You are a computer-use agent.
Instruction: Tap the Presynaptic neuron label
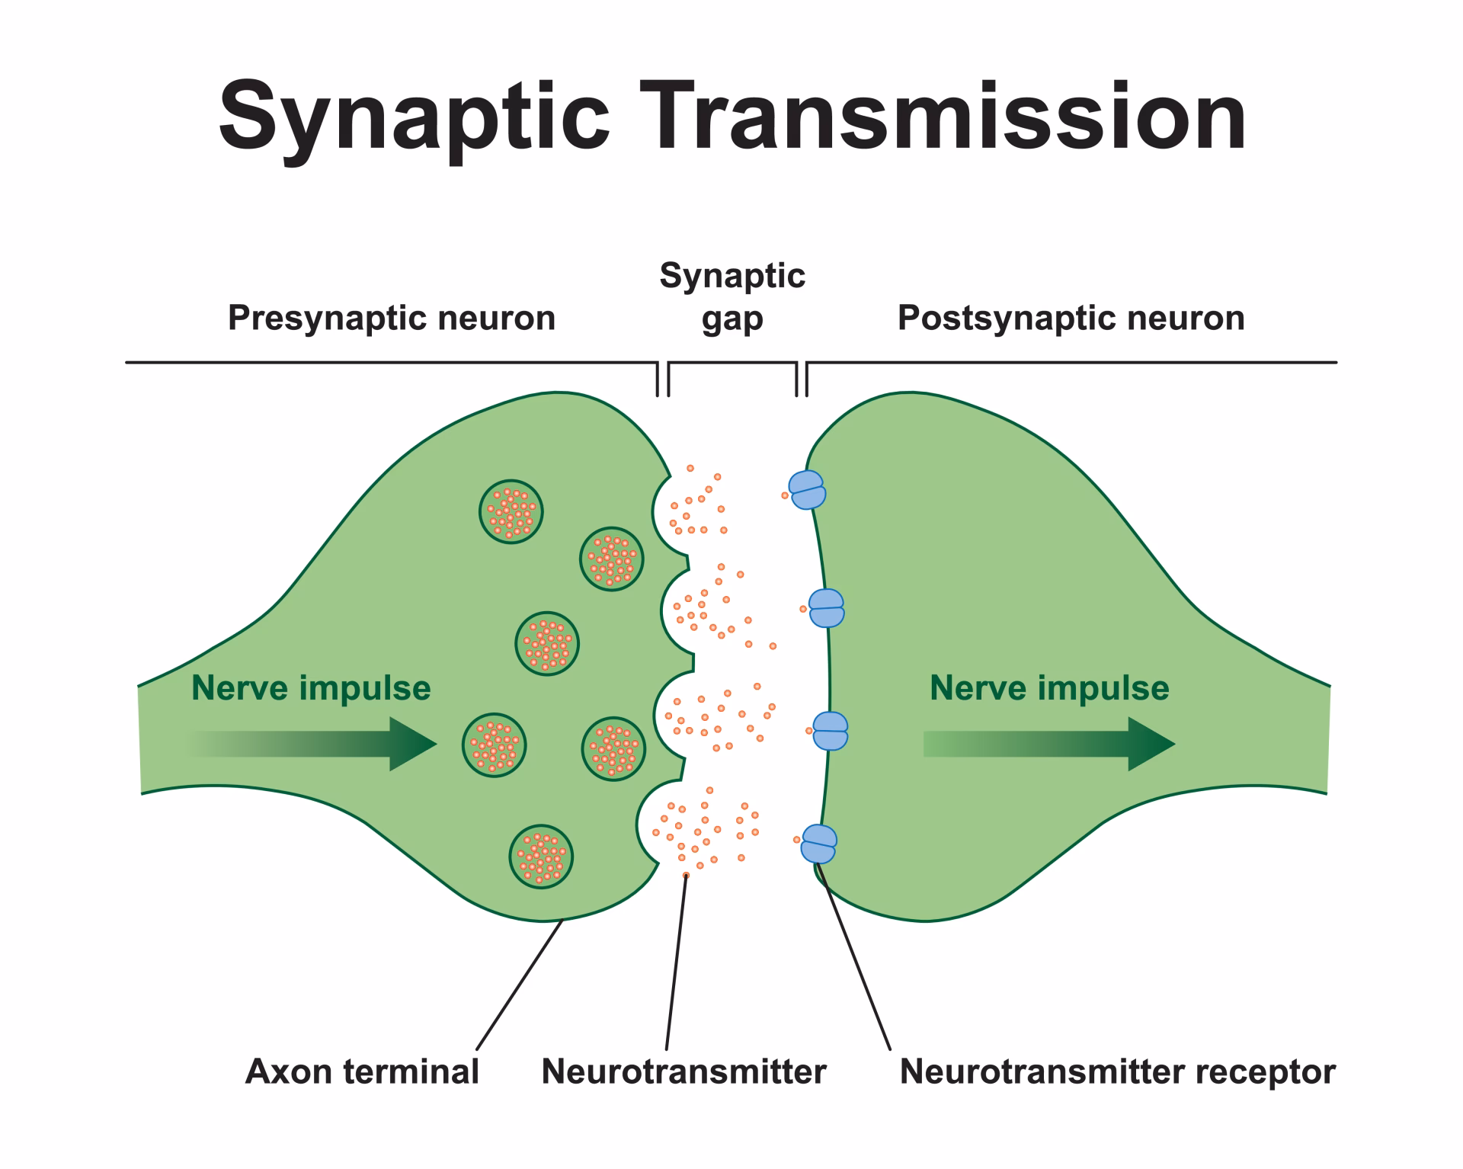(x=391, y=318)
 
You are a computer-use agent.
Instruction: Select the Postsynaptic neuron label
(x=1071, y=318)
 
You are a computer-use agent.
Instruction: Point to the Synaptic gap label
(x=731, y=297)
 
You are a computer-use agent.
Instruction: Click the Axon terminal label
(x=362, y=1071)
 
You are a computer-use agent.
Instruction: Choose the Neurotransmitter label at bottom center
(x=683, y=1071)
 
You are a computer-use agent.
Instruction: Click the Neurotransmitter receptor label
(x=1117, y=1071)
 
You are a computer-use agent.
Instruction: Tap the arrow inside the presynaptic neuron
(x=320, y=743)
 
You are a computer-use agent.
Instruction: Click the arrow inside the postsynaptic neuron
(x=1052, y=743)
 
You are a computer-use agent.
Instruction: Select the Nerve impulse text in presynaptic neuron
(x=311, y=687)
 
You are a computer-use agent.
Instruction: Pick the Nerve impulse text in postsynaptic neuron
(x=1049, y=687)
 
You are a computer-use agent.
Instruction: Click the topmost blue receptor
(x=807, y=489)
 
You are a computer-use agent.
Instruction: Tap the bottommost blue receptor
(x=819, y=844)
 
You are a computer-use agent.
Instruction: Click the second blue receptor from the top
(x=826, y=608)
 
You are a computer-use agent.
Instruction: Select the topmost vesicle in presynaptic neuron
(x=511, y=511)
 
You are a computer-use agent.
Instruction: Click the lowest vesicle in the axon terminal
(x=541, y=857)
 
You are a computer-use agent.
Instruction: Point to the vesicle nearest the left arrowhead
(x=494, y=744)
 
